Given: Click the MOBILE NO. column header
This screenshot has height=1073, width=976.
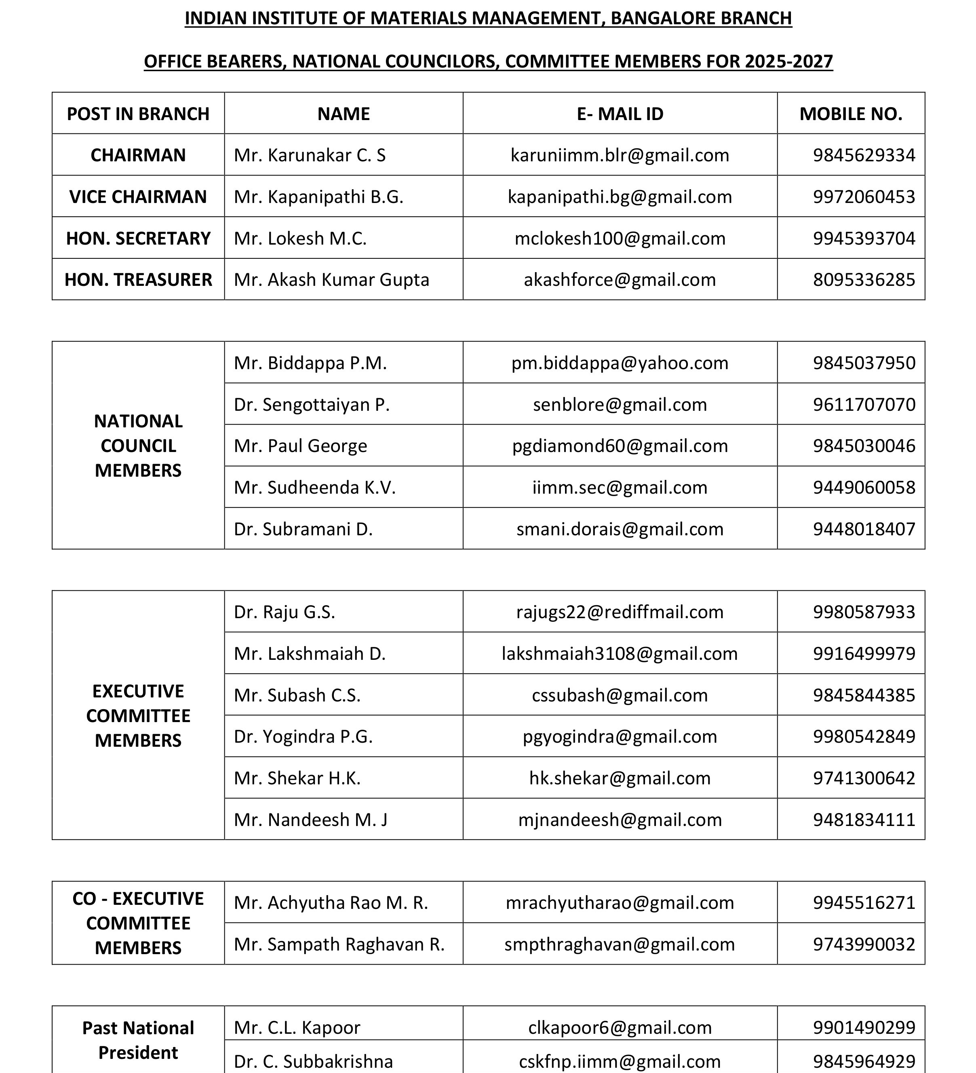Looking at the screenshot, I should [x=850, y=114].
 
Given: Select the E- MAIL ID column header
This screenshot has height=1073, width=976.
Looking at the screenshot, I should [x=620, y=114].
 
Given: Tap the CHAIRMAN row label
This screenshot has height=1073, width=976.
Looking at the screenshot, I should [x=138, y=155].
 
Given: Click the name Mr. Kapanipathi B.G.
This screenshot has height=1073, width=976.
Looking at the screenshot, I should [x=318, y=197].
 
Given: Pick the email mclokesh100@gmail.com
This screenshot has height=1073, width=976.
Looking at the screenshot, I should [x=620, y=239].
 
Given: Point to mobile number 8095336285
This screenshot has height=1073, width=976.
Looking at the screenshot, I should [x=863, y=280].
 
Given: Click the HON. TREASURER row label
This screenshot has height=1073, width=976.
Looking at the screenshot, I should [x=138, y=280].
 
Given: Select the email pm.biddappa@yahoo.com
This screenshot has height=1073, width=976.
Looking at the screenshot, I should [x=620, y=363].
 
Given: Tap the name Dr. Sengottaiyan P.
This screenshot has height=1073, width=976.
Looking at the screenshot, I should [x=311, y=405].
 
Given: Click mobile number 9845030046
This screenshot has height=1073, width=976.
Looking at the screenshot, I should [x=863, y=446].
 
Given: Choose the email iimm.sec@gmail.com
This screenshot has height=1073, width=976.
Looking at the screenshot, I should [x=620, y=488].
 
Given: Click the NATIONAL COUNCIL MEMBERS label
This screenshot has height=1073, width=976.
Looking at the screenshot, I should [x=138, y=446].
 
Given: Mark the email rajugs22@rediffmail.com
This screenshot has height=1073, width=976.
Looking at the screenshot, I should [x=620, y=612].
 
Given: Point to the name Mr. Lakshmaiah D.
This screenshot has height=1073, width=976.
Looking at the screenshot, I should [x=309, y=654].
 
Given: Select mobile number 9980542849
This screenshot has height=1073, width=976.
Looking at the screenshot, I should [x=863, y=737].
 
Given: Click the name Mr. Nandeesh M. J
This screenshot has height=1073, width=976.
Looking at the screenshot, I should [x=310, y=820].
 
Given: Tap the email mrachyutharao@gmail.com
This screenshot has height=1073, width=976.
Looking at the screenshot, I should [x=620, y=903].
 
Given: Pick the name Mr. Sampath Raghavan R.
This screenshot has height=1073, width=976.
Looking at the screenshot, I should [x=339, y=944].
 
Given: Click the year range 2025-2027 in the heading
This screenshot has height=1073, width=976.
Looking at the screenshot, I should [x=788, y=62].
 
